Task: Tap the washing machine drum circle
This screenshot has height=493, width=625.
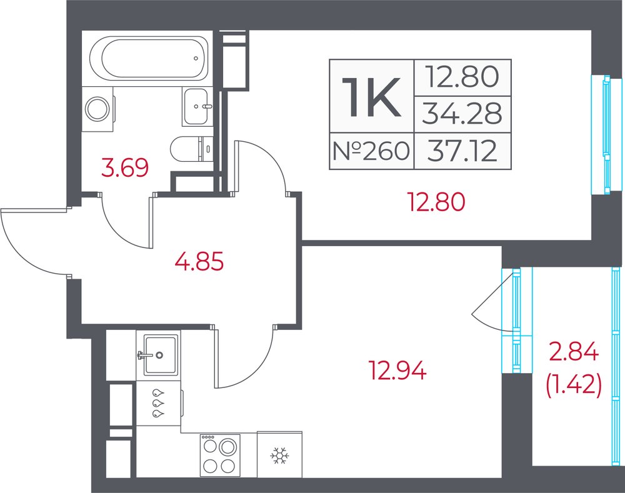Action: coord(97,109)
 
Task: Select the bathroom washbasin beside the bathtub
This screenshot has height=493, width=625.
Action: coord(195,106)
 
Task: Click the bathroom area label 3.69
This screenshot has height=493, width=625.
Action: coord(125,167)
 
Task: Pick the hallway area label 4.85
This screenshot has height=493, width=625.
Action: coord(199,261)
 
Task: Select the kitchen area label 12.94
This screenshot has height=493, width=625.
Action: coord(398,370)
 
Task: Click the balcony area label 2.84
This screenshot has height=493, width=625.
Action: coord(574,352)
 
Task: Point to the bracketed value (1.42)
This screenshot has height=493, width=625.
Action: coord(574,386)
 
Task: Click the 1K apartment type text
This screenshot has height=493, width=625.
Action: coord(372,97)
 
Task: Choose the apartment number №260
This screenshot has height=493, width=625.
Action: coord(371,151)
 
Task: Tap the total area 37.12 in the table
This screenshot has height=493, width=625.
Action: coord(462,151)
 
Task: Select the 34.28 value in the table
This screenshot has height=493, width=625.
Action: coord(462,114)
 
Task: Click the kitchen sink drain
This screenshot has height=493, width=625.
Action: coord(159,355)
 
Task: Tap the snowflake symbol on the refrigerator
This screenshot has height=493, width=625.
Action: coord(279,456)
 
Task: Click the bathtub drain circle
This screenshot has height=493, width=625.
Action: coord(196,58)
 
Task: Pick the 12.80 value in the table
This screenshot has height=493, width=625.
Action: coord(462,77)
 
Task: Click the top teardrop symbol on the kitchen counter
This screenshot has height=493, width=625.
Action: coord(158,392)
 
